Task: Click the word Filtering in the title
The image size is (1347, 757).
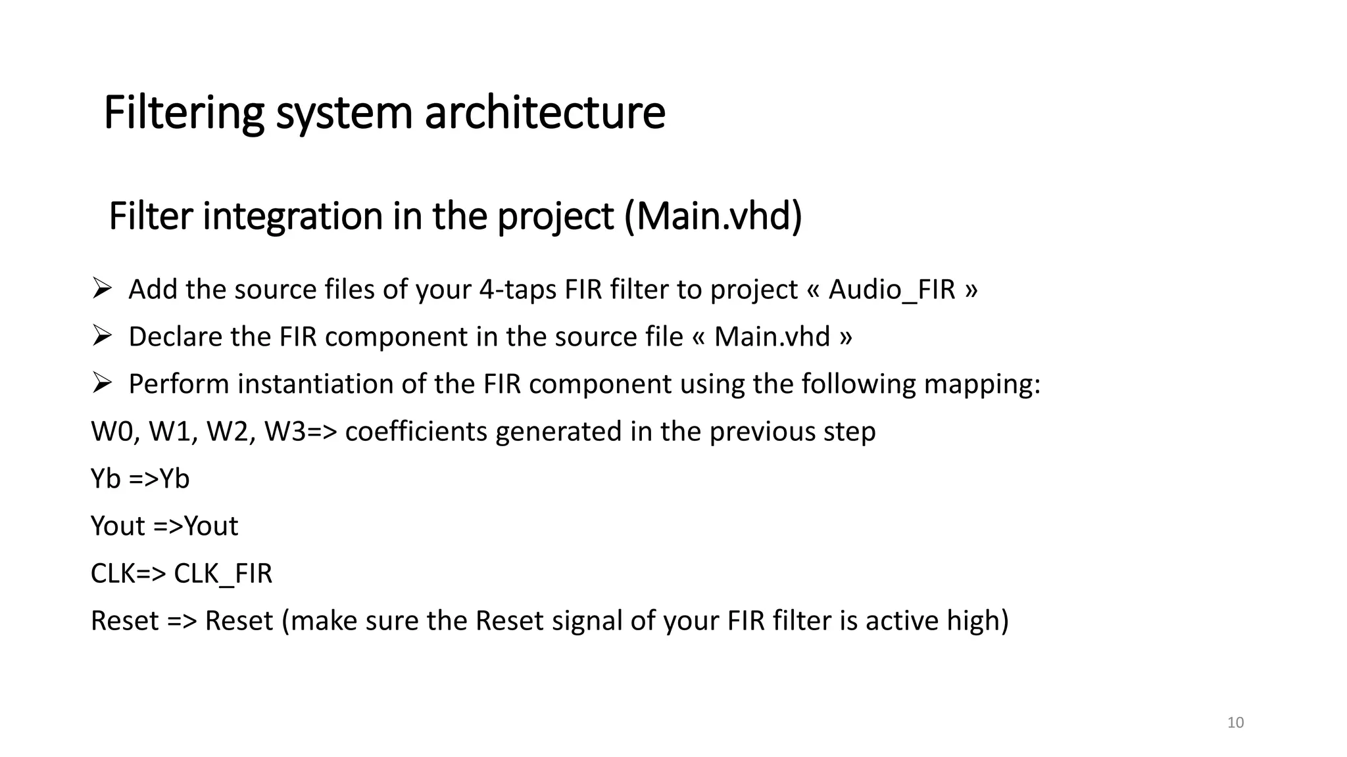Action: [x=184, y=113]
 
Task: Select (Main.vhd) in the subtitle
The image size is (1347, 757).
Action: [x=713, y=216]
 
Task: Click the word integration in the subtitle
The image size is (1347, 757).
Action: [x=293, y=216]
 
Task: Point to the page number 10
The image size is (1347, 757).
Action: [x=1235, y=723]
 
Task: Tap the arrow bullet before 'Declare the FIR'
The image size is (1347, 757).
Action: [x=102, y=336]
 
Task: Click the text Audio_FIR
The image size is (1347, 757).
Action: [x=891, y=290]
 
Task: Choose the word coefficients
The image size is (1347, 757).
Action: [x=416, y=432]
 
